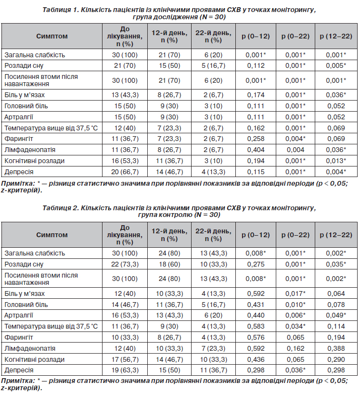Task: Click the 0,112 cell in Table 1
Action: click(256, 66)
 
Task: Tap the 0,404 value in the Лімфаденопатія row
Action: click(256, 150)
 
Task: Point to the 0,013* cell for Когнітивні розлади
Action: click(336, 161)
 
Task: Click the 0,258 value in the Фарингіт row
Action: click(256, 139)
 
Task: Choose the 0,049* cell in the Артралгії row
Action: click(336, 316)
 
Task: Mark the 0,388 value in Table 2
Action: click(336, 349)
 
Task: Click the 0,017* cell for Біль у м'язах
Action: click(295, 294)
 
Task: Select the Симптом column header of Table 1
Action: click(52, 36)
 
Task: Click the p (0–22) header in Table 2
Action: click(295, 235)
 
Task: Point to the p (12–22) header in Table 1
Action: click(336, 36)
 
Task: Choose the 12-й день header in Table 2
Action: click(169, 231)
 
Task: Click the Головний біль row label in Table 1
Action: click(26, 106)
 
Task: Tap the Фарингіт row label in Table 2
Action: click(19, 338)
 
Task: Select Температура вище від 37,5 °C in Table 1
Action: click(51, 128)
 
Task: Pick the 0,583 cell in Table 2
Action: click(256, 327)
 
